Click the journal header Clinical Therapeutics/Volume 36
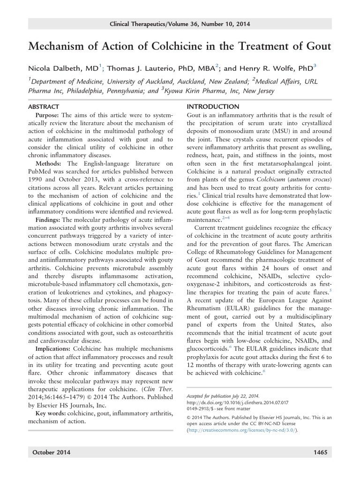pos(180,24)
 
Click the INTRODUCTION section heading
pos(213,107)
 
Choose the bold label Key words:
pos(52,412)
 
